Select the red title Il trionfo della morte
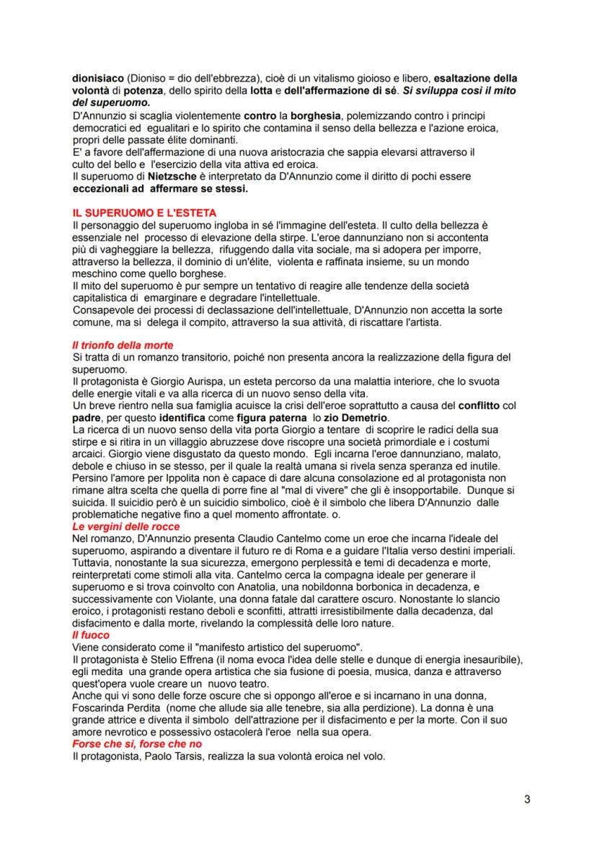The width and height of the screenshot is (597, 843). pyautogui.click(x=122, y=345)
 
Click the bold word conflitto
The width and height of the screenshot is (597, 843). pyautogui.click(x=464, y=406)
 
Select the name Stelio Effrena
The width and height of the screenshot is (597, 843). pyautogui.click(x=169, y=661)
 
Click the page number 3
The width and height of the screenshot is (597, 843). pyautogui.click(x=527, y=800)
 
